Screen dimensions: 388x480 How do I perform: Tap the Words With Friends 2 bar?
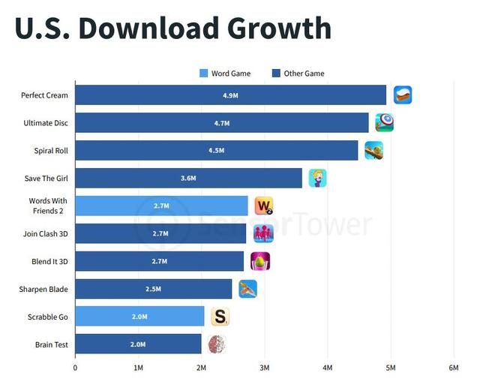click(161, 206)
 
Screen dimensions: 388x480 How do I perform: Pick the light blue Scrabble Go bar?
click(139, 317)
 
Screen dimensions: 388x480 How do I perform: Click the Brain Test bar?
click(138, 344)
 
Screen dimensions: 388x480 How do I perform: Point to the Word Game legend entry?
click(225, 74)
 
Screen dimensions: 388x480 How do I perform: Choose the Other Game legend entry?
click(298, 74)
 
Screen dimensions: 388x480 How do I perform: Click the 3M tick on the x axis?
click(264, 368)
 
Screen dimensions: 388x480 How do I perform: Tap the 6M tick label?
click(453, 368)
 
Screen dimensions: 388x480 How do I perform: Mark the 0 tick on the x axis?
click(75, 368)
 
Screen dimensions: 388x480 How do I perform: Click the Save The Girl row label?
click(46, 179)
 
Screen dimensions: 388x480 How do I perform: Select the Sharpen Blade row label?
click(43, 289)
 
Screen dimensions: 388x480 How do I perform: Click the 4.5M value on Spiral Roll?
click(216, 151)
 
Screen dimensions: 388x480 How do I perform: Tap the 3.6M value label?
click(188, 179)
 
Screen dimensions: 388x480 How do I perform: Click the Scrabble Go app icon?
click(220, 317)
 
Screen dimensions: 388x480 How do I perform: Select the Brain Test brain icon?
click(217, 344)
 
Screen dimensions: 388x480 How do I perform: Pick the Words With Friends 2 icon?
click(264, 206)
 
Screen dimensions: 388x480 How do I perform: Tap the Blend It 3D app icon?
click(259, 261)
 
